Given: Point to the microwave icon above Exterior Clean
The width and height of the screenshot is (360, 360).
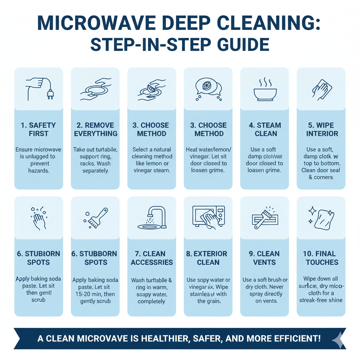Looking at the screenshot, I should point(208,217).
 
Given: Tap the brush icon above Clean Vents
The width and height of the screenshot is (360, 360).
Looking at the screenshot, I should point(264,217).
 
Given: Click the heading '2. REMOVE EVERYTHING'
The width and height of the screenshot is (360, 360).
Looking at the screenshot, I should point(95,129).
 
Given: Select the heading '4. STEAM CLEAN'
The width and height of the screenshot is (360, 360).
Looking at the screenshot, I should point(264,129).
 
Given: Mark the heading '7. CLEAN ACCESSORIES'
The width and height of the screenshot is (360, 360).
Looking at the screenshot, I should point(152,258).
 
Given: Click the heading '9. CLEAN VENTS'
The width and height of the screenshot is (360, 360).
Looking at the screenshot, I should point(264,258).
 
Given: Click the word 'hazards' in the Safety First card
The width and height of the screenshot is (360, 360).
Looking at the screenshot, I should point(39,170).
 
